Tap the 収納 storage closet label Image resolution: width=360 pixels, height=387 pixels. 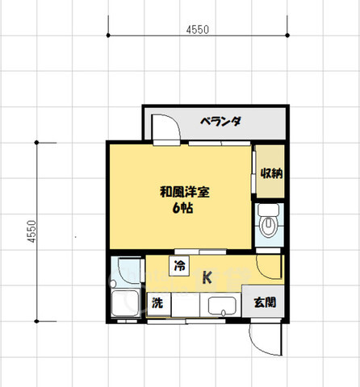[270, 173]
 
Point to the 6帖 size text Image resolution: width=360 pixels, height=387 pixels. [182, 208]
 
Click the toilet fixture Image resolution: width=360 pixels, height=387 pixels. [269, 225]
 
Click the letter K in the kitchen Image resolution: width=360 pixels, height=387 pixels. [207, 278]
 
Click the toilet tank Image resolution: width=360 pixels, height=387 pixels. [269, 210]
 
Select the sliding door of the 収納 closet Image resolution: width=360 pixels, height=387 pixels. [254, 172]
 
